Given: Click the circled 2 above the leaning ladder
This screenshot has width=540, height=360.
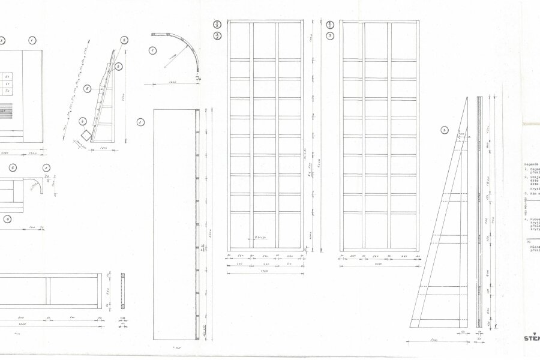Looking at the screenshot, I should pos(124,41).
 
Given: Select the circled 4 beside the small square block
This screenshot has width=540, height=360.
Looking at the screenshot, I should pos(82,121).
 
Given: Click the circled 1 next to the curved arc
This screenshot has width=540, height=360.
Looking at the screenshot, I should pos(152,51).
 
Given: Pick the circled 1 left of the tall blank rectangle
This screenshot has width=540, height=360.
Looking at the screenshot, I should pos(140,122).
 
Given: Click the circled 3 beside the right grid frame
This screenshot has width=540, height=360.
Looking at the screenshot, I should pos(331,37).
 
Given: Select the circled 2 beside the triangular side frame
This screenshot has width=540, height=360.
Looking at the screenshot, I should pos(444,130).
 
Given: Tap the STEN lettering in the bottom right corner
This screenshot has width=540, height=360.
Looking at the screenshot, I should pos(529,338).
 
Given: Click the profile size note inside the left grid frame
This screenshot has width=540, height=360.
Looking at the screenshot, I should pos(260,238).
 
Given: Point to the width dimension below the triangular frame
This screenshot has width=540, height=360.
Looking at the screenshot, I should pos(432,340).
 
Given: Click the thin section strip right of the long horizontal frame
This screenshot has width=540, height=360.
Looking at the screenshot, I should pos(124,291).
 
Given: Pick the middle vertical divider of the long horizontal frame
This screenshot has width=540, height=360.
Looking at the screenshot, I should pos(49,291).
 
